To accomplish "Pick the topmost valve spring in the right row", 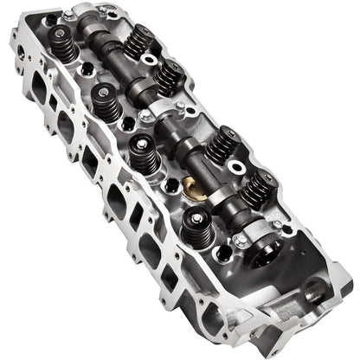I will pyautogui.click(x=139, y=40).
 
